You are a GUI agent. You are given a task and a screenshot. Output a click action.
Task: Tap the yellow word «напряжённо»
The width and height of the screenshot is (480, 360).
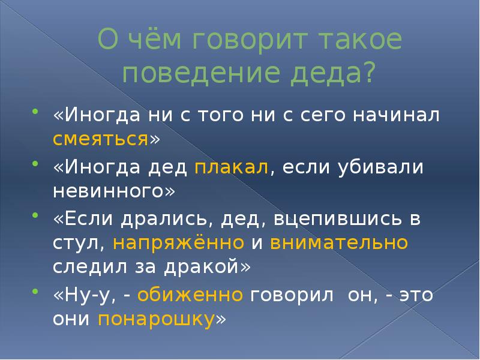click(178, 243)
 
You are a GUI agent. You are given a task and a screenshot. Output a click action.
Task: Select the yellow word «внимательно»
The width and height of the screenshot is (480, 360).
click(339, 243)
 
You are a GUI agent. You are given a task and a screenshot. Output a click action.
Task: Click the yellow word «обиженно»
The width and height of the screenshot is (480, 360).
click(191, 295)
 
